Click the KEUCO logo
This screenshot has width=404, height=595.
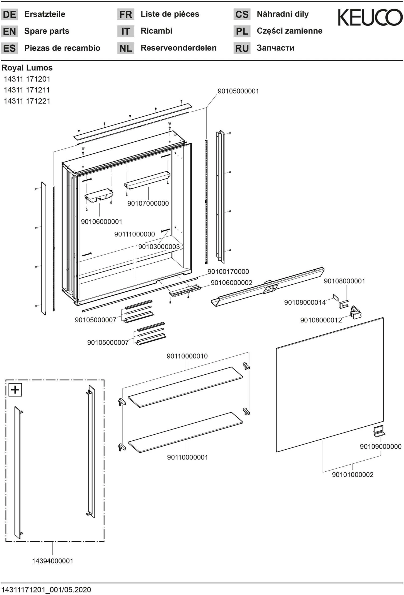pyautogui.click(x=370, y=18)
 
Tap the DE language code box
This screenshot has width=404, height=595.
pyautogui.click(x=9, y=14)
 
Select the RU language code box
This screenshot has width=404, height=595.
pyautogui.click(x=242, y=48)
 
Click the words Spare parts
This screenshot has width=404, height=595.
pyautogui.click(x=47, y=31)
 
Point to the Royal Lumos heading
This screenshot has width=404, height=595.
pyautogui.click(x=27, y=68)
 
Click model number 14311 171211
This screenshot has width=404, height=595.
pyautogui.click(x=27, y=90)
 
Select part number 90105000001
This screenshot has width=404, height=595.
pyautogui.click(x=238, y=91)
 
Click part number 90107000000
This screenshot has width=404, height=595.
pyautogui.click(x=148, y=203)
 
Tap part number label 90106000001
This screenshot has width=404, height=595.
pyautogui.click(x=102, y=222)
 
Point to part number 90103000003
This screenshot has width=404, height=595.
pyautogui.click(x=159, y=246)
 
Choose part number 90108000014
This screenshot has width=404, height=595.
pyautogui.click(x=305, y=302)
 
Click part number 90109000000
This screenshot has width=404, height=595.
pyautogui.click(x=380, y=447)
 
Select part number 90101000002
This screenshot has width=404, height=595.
pyautogui.click(x=352, y=475)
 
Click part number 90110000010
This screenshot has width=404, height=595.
pyautogui.click(x=187, y=356)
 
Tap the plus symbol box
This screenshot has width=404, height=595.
pyautogui.click(x=15, y=390)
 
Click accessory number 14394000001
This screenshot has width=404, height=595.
pyautogui.click(x=53, y=561)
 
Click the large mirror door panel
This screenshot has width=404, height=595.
pyautogui.click(x=330, y=385)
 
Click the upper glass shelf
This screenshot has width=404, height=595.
pyautogui.click(x=185, y=387)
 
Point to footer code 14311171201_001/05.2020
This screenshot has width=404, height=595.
pyautogui.click(x=46, y=590)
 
